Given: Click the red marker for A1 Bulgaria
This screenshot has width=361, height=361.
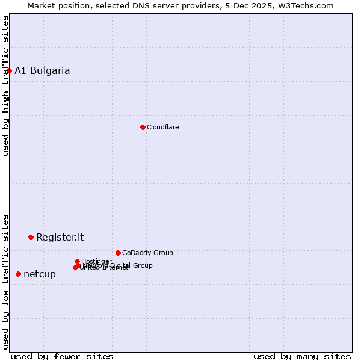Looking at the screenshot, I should click(x=9, y=70).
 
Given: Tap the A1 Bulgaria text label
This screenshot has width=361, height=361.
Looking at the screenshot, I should click(x=42, y=70).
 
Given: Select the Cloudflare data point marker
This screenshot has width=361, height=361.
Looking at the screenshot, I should click(x=143, y=127).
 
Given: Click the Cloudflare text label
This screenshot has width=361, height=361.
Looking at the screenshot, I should click(x=163, y=127).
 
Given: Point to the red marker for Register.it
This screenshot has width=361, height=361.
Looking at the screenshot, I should click(x=31, y=237).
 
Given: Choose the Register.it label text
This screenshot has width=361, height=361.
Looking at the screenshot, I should click(x=60, y=237).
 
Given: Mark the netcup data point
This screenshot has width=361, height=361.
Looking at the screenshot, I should click(x=18, y=274).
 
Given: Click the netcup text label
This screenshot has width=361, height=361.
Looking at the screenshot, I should click(x=40, y=274).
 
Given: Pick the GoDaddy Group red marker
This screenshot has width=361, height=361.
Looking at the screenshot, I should click(x=118, y=253).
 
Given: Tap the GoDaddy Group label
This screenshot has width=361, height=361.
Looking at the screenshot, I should click(x=147, y=253).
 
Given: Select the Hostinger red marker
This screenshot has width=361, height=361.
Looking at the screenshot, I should click(x=77, y=261).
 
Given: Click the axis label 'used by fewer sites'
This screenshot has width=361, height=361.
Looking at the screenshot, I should click(x=62, y=356).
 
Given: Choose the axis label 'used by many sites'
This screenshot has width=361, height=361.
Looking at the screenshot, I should click(x=302, y=356).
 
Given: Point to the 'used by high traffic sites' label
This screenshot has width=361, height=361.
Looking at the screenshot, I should click(x=5, y=85).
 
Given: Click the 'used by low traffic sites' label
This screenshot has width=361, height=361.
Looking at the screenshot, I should click(x=5, y=281).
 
